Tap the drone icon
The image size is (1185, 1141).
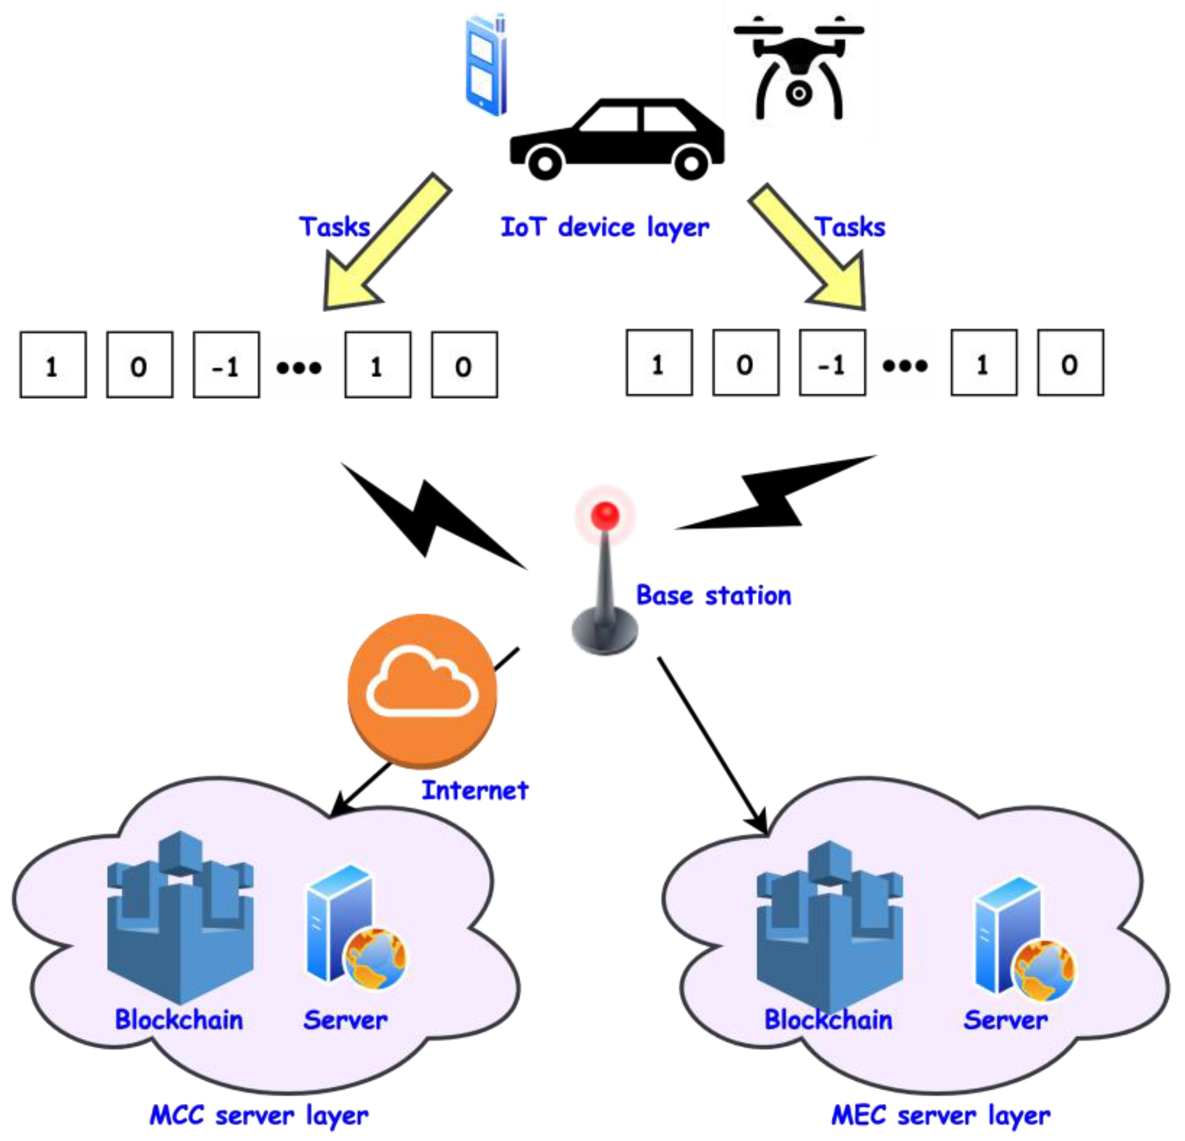pyautogui.click(x=798, y=66)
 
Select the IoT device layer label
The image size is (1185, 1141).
pyautogui.click(x=605, y=227)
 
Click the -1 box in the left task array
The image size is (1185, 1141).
pyautogui.click(x=226, y=365)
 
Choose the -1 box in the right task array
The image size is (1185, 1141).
pyautogui.click(x=833, y=363)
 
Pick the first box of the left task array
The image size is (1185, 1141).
pyautogui.click(x=53, y=365)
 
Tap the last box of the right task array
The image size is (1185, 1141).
pyautogui.click(x=1070, y=363)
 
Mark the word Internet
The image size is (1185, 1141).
pyautogui.click(x=475, y=790)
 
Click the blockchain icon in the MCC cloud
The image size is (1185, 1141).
pyautogui.click(x=180, y=914)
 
